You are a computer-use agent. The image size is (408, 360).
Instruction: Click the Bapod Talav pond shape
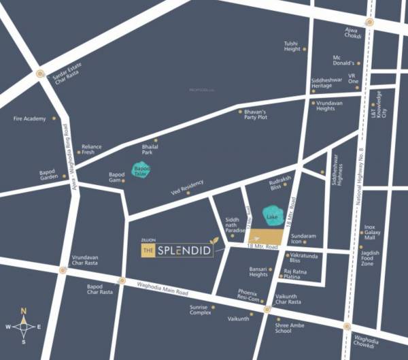click(x=141, y=170)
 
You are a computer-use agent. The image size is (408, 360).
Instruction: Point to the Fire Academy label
click(x=29, y=118)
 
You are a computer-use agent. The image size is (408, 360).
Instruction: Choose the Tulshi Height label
click(x=291, y=46)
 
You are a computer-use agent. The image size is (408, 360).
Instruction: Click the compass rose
click(x=24, y=327)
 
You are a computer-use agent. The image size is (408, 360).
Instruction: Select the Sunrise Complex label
click(x=200, y=310)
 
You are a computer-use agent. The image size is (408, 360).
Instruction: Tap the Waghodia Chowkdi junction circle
click(x=347, y=327)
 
